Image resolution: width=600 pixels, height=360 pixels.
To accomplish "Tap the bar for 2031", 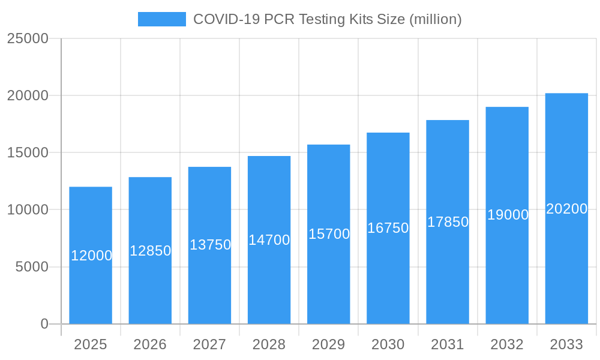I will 448,276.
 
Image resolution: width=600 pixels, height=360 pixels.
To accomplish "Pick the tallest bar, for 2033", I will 566,270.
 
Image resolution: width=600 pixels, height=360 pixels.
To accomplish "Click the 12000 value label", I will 91,256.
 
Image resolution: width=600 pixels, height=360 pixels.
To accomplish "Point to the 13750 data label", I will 210,245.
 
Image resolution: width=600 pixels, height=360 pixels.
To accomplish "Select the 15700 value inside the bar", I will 329,234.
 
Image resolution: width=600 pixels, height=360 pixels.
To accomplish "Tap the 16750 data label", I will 388,228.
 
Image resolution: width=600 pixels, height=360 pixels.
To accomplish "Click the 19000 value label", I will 508,215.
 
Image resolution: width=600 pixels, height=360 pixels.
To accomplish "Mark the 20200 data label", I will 566,209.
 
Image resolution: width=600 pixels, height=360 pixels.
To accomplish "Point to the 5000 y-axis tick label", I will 31,267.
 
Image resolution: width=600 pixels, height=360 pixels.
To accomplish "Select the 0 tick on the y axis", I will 44,324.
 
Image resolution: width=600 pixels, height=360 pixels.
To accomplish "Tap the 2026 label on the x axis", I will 150,344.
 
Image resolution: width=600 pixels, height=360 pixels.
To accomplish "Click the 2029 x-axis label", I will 329,344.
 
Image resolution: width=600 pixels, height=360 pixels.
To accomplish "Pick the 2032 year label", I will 507,344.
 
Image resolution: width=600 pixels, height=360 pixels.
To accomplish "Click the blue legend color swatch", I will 162,19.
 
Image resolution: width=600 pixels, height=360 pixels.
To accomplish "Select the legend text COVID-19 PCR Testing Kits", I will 327,19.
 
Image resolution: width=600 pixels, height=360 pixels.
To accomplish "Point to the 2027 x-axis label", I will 209,344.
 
